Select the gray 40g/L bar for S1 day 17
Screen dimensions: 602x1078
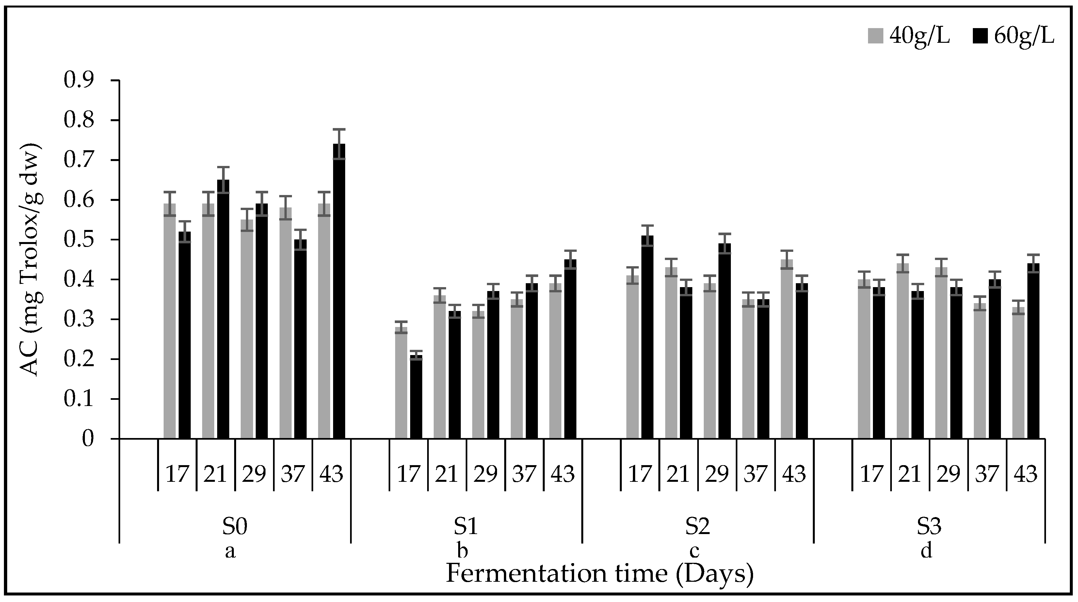[401, 383]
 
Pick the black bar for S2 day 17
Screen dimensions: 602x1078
[647, 337]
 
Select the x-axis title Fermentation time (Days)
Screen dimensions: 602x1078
[600, 574]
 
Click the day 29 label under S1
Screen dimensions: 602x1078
[485, 474]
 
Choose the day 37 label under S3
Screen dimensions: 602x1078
[987, 474]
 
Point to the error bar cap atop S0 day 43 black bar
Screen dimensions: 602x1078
[339, 129]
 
